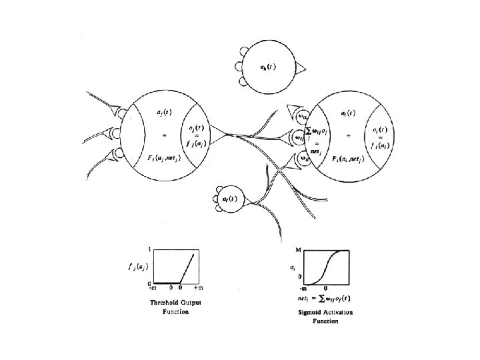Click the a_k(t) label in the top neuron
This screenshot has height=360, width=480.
[269, 67]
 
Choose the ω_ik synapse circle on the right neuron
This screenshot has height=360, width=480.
[303, 117]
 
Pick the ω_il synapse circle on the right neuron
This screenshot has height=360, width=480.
[303, 159]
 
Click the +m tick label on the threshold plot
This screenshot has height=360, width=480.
[198, 289]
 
